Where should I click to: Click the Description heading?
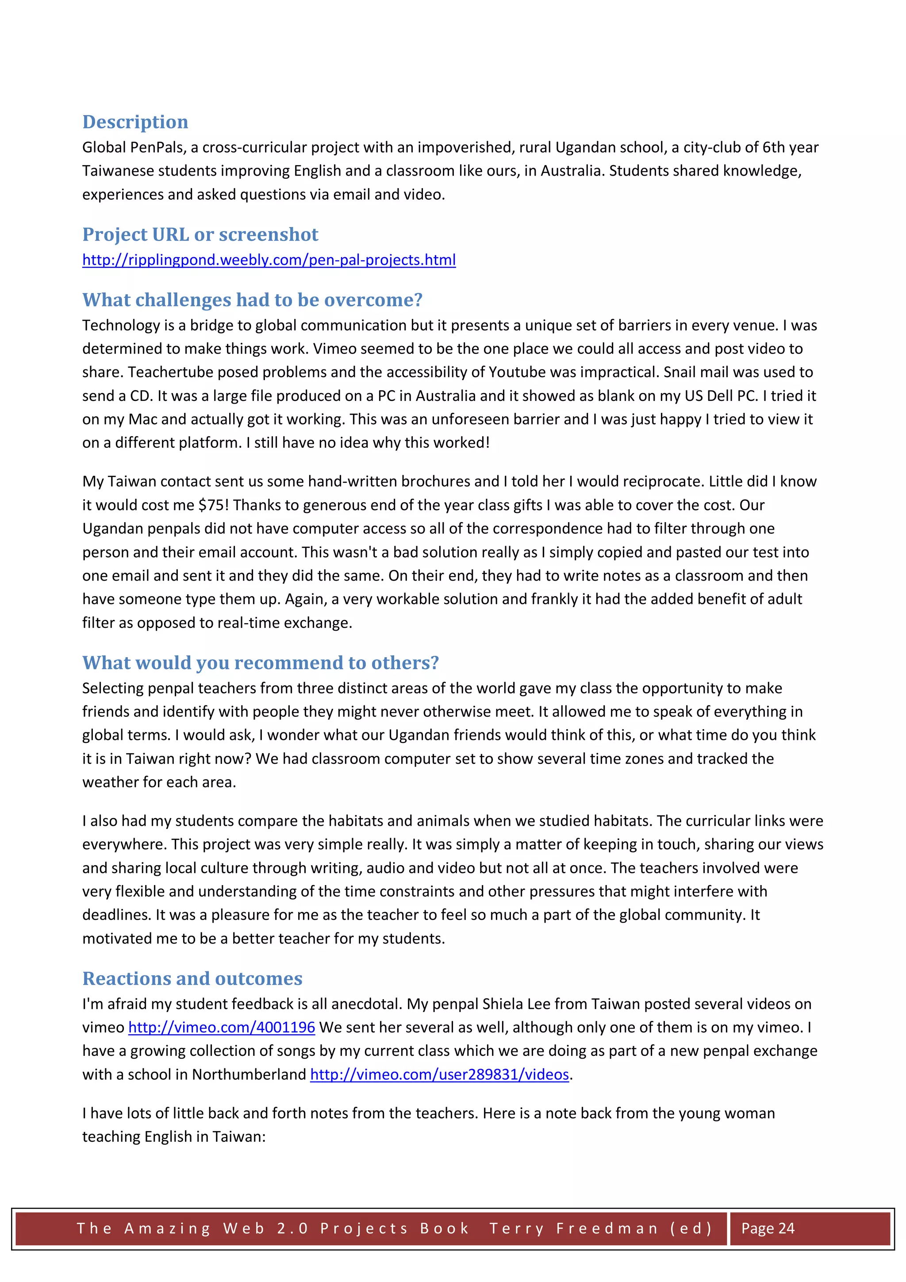pyautogui.click(x=135, y=122)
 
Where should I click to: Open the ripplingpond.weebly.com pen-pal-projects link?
pyautogui.click(x=269, y=260)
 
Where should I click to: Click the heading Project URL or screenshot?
pyautogui.click(x=200, y=235)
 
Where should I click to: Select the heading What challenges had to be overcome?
pyautogui.click(x=252, y=300)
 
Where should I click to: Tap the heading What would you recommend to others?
pyautogui.click(x=260, y=663)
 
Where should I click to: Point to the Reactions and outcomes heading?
pyautogui.click(x=192, y=978)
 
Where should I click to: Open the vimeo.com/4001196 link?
pyautogui.click(x=222, y=1028)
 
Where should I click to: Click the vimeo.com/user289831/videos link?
pyautogui.click(x=439, y=1074)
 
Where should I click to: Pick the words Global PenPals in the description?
pyautogui.click(x=133, y=147)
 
